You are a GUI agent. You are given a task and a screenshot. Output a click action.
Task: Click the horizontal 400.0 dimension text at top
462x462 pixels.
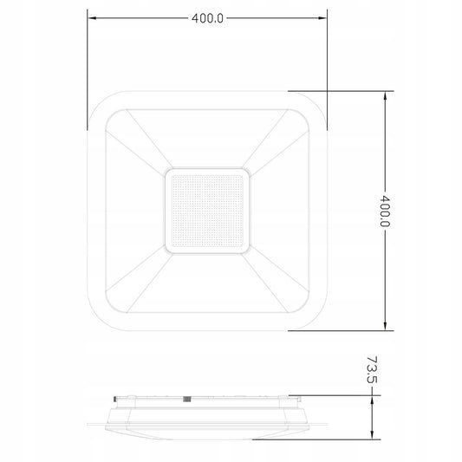pyautogui.click(x=207, y=18)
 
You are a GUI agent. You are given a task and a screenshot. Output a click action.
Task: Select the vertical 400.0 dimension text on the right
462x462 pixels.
pyautogui.click(x=385, y=211)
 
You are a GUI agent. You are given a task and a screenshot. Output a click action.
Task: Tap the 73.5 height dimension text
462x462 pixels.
pyautogui.click(x=372, y=370)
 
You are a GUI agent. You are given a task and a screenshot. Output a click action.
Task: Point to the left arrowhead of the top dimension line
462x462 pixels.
pyautogui.click(x=92, y=18)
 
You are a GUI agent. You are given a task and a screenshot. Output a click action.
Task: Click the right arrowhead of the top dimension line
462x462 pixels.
pyautogui.click(x=322, y=18)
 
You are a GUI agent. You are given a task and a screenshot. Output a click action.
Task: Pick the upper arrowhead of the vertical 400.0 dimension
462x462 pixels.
pyautogui.click(x=385, y=96)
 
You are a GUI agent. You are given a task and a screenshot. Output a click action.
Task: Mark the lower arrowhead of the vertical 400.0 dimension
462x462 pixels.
pyautogui.click(x=385, y=326)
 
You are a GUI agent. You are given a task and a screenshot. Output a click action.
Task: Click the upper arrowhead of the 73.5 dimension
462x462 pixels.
pyautogui.click(x=372, y=400)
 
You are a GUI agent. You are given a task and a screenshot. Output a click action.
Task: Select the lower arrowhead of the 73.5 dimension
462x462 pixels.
pyautogui.click(x=372, y=435)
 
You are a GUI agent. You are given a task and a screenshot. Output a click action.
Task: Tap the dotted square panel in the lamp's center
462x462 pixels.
pyautogui.click(x=207, y=211)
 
